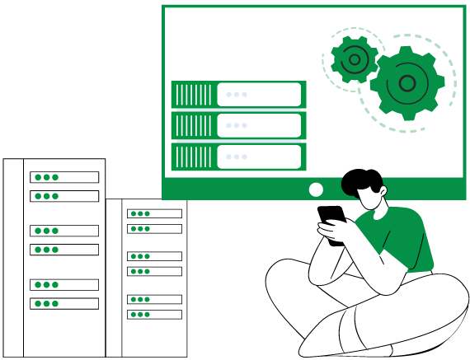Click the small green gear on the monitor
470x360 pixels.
tap(355, 59)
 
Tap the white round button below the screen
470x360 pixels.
tap(316, 189)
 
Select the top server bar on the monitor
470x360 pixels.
tap(238, 95)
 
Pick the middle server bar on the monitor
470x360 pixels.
tap(238, 125)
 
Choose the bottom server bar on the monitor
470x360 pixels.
tap(238, 157)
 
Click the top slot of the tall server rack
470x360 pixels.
tap(64, 177)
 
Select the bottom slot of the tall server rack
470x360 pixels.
tap(64, 303)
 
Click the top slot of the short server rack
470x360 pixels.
tap(154, 213)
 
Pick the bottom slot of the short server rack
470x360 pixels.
tap(154, 314)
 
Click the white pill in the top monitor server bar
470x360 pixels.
tap(259, 95)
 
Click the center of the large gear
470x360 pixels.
tap(407, 82)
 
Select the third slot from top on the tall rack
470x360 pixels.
tap(64, 231)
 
